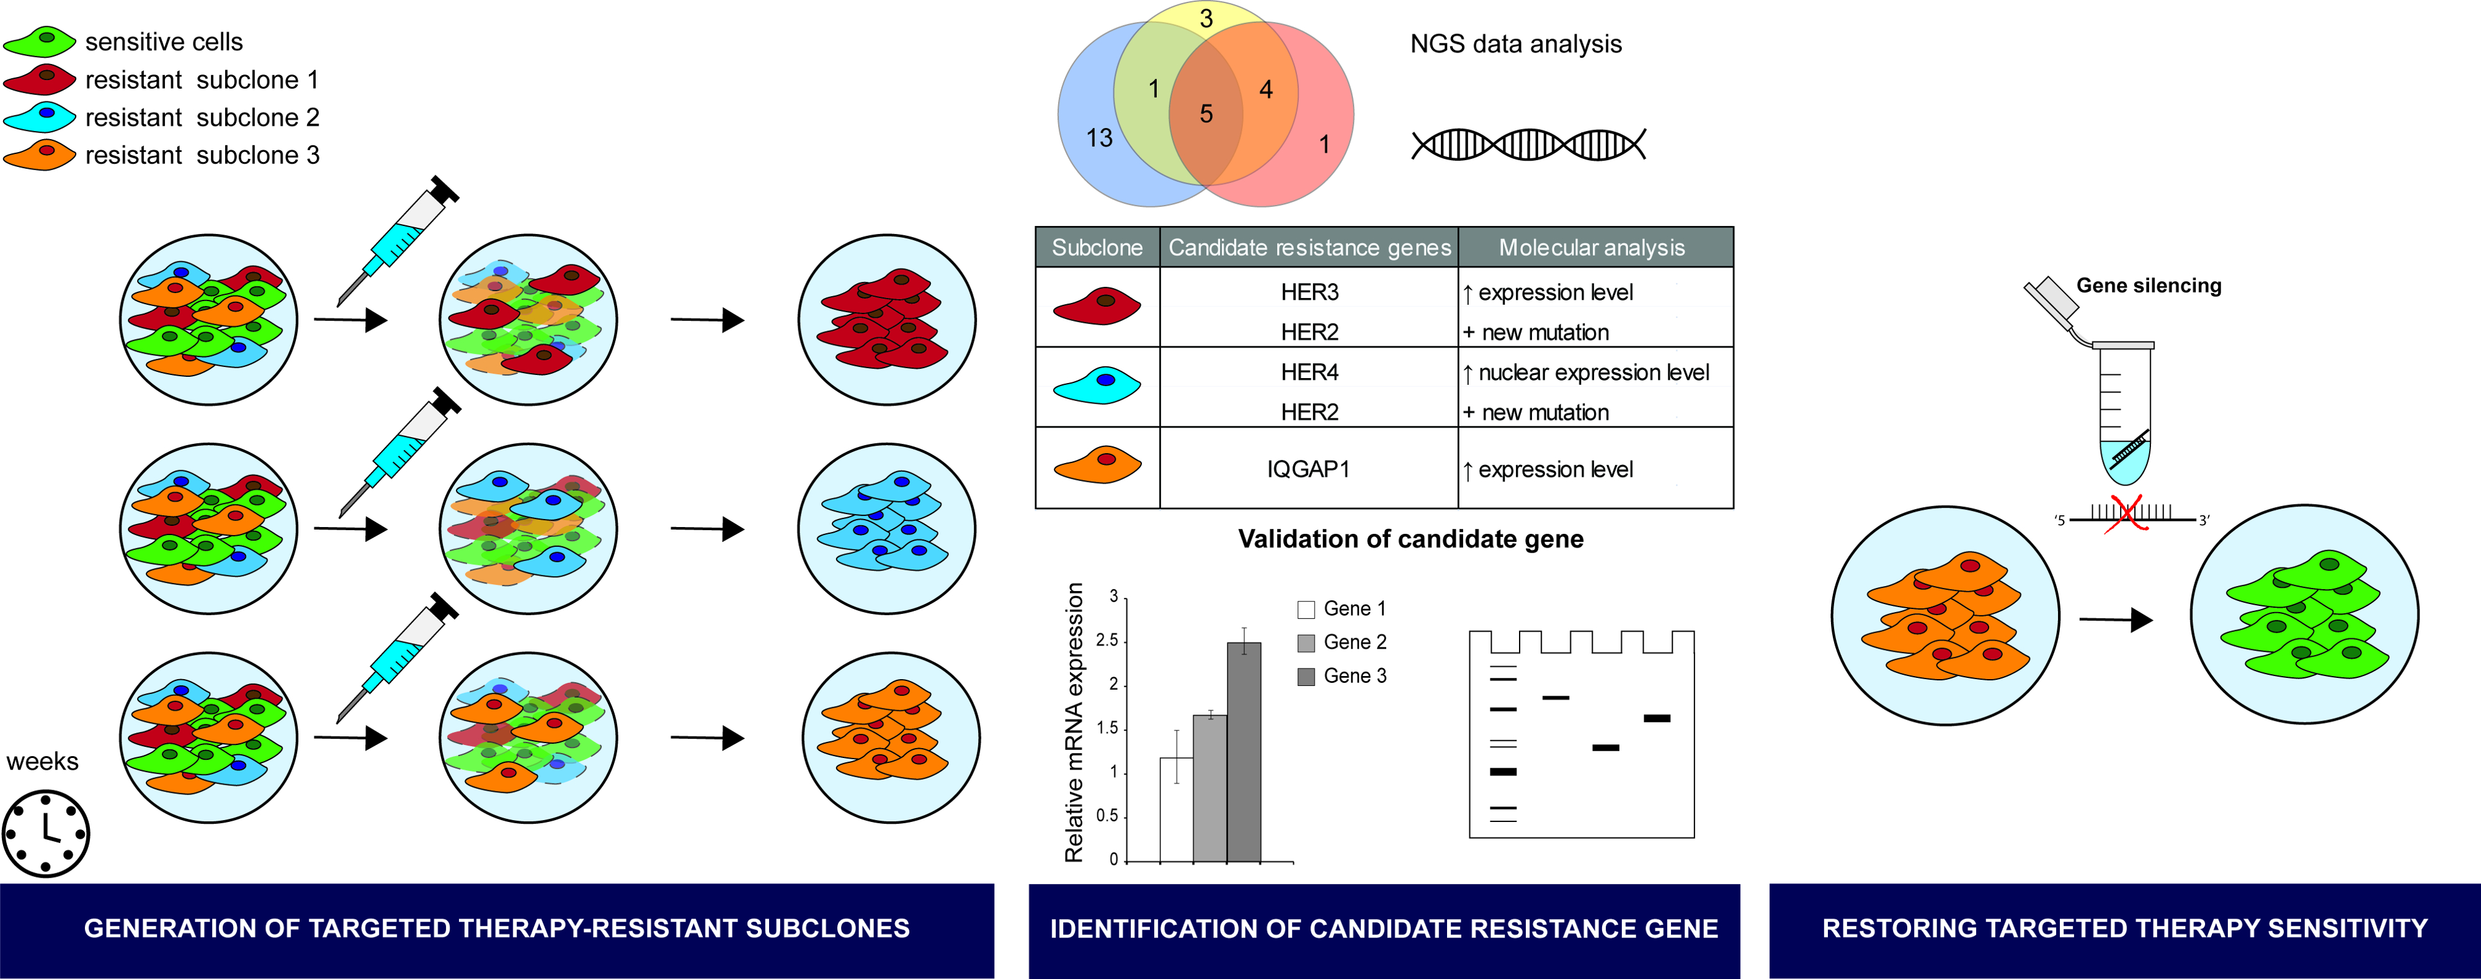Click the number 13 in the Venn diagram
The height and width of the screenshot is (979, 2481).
pyautogui.click(x=1099, y=138)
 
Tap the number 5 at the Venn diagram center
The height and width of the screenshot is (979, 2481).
pyautogui.click(x=1206, y=114)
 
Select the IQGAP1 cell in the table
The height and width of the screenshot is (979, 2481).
pyautogui.click(x=1308, y=469)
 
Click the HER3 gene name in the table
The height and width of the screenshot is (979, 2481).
pyautogui.click(x=1309, y=292)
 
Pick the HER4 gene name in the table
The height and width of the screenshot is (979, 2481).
pyautogui.click(x=1309, y=372)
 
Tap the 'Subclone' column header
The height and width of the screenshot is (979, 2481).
pyautogui.click(x=1097, y=248)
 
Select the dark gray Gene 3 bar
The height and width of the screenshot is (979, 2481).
pyautogui.click(x=1244, y=752)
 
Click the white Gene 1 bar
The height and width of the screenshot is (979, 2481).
pyautogui.click(x=1176, y=810)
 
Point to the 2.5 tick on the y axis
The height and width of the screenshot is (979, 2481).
pyautogui.click(x=1108, y=641)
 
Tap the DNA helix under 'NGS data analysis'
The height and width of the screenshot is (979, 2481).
pyautogui.click(x=1528, y=145)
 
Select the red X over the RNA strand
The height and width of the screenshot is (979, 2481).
pyautogui.click(x=2124, y=515)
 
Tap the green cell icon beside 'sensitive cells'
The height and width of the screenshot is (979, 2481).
pyautogui.click(x=40, y=40)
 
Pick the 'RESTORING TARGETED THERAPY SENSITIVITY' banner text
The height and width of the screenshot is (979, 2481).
pyautogui.click(x=2124, y=929)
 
